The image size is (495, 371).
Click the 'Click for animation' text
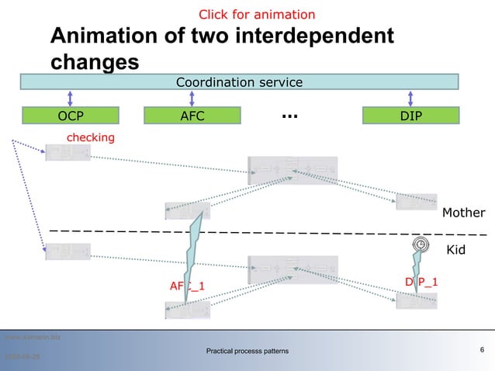pyautogui.click(x=257, y=15)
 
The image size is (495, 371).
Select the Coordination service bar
pyautogui.click(x=239, y=82)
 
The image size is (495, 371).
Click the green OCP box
pyautogui.click(x=71, y=116)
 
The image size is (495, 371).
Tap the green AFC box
pyautogui.click(x=192, y=116)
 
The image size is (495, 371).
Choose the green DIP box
pyautogui.click(x=411, y=116)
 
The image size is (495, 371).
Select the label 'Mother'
pyautogui.click(x=463, y=213)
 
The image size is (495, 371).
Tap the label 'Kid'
pyautogui.click(x=456, y=250)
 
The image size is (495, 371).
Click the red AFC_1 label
pyautogui.click(x=187, y=286)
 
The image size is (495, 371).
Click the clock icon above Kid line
pyautogui.click(x=420, y=244)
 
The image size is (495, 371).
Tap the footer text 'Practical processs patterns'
pyautogui.click(x=247, y=352)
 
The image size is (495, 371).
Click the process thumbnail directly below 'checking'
pyautogui.click(x=68, y=154)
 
